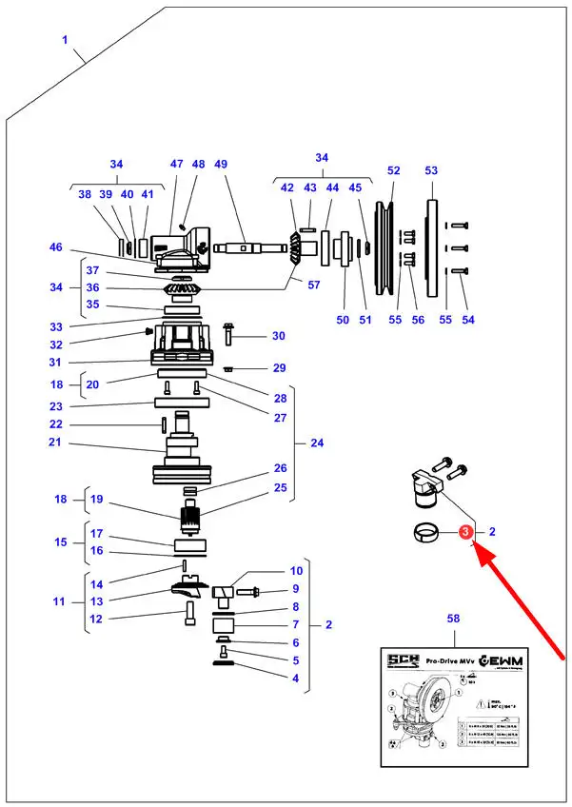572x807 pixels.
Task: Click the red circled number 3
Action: point(465,533)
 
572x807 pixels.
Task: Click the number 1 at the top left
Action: point(65,40)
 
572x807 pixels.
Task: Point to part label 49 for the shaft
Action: point(221,165)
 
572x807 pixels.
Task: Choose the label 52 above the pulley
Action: point(393,170)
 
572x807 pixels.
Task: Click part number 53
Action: point(431,170)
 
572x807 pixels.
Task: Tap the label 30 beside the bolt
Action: point(278,336)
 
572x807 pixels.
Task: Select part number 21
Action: point(55,443)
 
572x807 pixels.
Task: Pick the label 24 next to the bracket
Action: point(317,443)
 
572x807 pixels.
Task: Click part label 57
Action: point(315,284)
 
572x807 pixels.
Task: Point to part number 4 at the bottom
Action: point(295,679)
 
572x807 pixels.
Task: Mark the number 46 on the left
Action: point(56,247)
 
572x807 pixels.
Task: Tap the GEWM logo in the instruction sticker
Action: point(503,660)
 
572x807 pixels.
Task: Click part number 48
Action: point(198,165)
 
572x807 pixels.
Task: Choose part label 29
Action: point(279,368)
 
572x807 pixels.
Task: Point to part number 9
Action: point(296,590)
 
